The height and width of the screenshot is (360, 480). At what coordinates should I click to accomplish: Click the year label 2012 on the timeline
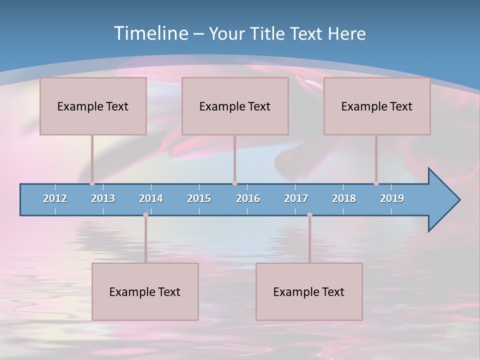(x=55, y=198)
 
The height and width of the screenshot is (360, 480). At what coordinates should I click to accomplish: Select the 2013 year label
(x=103, y=198)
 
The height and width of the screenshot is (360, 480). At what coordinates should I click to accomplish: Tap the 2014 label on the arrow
(x=151, y=198)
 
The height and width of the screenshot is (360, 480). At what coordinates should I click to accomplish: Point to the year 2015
(x=199, y=198)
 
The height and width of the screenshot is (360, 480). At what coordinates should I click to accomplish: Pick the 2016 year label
(x=248, y=198)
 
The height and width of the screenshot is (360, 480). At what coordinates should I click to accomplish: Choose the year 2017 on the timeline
(x=296, y=198)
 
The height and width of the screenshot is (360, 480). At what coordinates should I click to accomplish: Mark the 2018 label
(x=344, y=198)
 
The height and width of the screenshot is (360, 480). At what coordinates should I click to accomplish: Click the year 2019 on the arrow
(x=392, y=198)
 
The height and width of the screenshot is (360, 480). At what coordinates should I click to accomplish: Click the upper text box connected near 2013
(x=93, y=106)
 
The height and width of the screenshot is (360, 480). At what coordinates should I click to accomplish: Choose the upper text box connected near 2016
(x=235, y=106)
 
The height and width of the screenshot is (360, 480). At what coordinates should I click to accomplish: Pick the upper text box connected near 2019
(x=377, y=106)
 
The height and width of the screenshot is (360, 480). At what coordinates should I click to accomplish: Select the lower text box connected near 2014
(x=145, y=291)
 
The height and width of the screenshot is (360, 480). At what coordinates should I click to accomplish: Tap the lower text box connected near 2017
(x=309, y=291)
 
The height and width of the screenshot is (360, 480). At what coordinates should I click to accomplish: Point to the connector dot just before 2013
(x=92, y=183)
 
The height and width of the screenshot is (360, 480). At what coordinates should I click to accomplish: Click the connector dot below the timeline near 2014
(x=145, y=215)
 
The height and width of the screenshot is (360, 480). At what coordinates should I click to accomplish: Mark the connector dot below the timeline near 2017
(x=309, y=215)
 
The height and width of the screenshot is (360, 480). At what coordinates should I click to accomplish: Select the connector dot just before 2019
(x=376, y=183)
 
